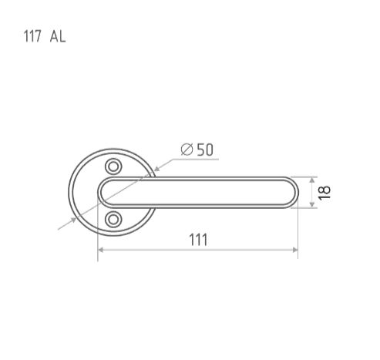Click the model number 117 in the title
(32, 36)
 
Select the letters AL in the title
(58, 36)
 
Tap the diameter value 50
(205, 150)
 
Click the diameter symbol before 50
(187, 150)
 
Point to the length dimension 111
(198, 240)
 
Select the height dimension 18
(324, 192)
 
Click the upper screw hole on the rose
(113, 167)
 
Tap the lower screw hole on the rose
(113, 220)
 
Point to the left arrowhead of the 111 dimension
(101, 250)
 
